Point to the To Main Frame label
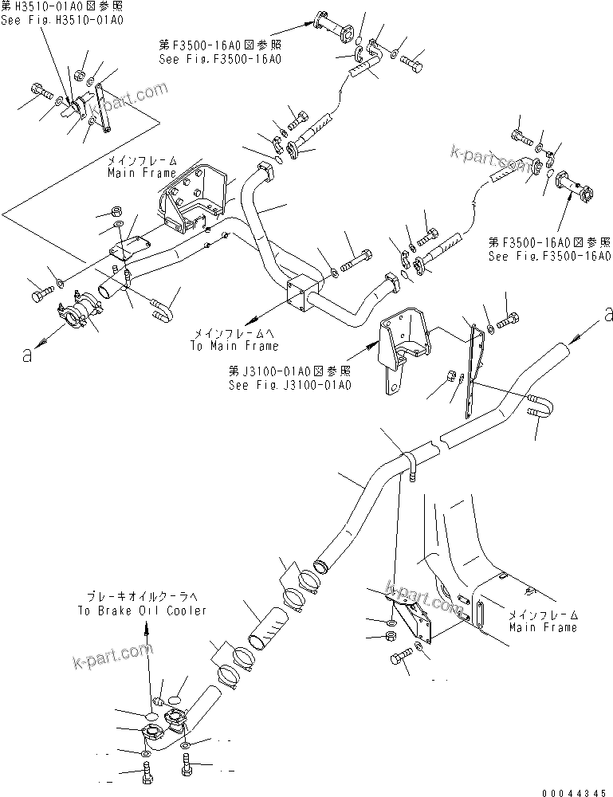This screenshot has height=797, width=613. tap(234, 346)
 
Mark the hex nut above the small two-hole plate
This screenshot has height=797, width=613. tap(114, 212)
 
